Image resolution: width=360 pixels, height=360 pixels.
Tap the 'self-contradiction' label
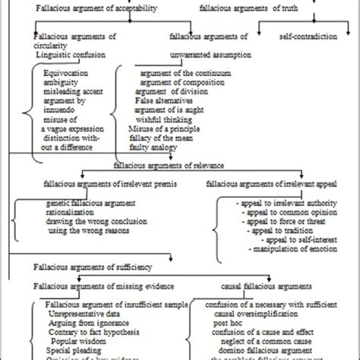[304, 36]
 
